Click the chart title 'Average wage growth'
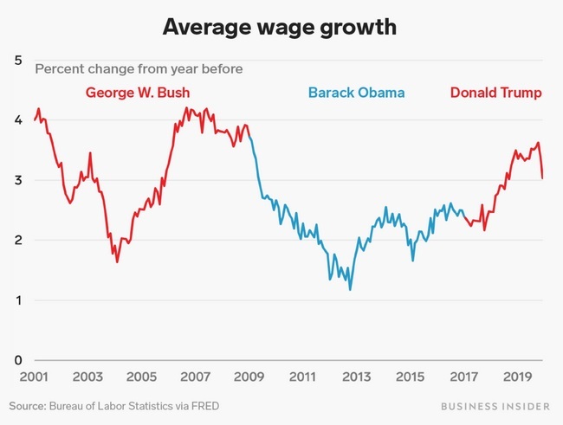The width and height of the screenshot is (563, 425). tap(281, 28)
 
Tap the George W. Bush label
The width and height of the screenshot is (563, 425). tap(137, 93)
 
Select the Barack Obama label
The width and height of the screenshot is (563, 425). tap(356, 93)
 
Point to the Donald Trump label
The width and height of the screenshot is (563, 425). tap(496, 93)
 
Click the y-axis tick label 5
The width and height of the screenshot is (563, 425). tap(18, 60)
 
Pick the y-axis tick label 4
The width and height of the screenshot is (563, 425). tap(18, 120)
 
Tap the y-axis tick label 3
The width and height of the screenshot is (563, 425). tap(18, 180)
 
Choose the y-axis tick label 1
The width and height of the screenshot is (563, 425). tap(18, 300)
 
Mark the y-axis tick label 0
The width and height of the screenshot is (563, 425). tap(18, 360)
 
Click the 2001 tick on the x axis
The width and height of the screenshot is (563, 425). tap(34, 378)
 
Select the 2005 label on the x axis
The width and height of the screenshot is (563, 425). tap(141, 378)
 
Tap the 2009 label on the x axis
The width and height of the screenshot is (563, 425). tap(249, 378)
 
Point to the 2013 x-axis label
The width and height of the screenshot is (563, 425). tap(356, 378)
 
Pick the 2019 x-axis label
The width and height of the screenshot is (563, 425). tap(517, 378)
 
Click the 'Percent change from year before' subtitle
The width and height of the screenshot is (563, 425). tap(139, 68)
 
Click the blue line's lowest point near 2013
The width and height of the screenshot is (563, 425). tap(350, 289)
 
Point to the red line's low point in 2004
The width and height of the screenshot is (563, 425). tap(117, 261)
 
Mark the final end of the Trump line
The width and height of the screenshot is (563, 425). tap(542, 178)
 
